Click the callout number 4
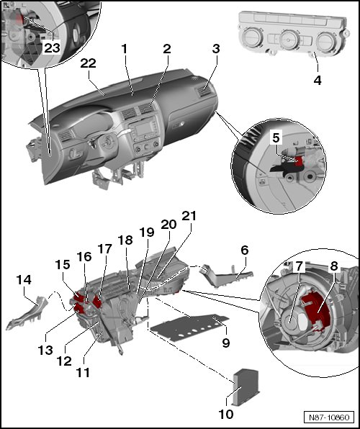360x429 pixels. [318, 81]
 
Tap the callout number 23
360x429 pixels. [52, 48]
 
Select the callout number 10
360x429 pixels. [226, 414]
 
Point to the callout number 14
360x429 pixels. [24, 279]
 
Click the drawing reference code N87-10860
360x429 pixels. [329, 417]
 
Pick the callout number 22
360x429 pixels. [88, 63]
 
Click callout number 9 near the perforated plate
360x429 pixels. [226, 343]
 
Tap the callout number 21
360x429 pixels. [189, 216]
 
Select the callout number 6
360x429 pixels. [245, 250]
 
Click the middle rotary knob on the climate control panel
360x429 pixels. [288, 39]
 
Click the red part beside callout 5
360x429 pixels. [300, 161]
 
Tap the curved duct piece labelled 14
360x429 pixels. [27, 313]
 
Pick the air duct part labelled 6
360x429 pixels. [226, 274]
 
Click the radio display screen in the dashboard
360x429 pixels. [143, 129]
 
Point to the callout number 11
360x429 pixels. [83, 372]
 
